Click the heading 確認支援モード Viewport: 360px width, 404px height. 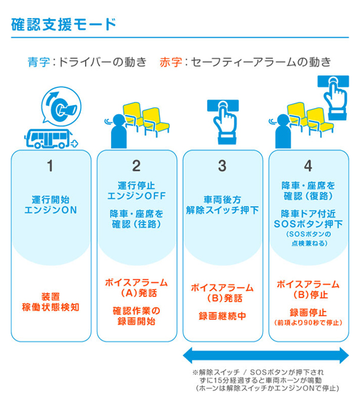click(x=64, y=24)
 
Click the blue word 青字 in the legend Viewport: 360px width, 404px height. click(x=39, y=62)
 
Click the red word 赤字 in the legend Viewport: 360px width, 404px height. click(x=171, y=62)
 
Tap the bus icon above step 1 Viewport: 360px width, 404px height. click(x=51, y=139)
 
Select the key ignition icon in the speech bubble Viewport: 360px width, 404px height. click(x=61, y=106)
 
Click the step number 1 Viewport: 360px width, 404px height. click(x=50, y=165)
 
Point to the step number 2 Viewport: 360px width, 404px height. click(x=136, y=165)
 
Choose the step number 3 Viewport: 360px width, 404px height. click(x=222, y=165)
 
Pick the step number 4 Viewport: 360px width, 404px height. click(x=308, y=165)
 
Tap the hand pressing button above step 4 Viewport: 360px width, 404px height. click(x=334, y=97)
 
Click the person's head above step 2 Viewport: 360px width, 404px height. click(x=119, y=120)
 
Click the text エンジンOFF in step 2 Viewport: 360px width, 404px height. click(x=136, y=196)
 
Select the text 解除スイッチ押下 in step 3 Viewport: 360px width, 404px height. click(x=222, y=210)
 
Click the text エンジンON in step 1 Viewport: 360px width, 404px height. click(x=51, y=210)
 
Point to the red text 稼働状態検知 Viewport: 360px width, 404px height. click(x=51, y=307)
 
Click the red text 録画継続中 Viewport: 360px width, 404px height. click(x=222, y=316)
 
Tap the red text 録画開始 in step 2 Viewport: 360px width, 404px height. click(x=136, y=321)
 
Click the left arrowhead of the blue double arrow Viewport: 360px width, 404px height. click(x=188, y=356)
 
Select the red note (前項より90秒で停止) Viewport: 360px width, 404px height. click(x=308, y=322)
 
